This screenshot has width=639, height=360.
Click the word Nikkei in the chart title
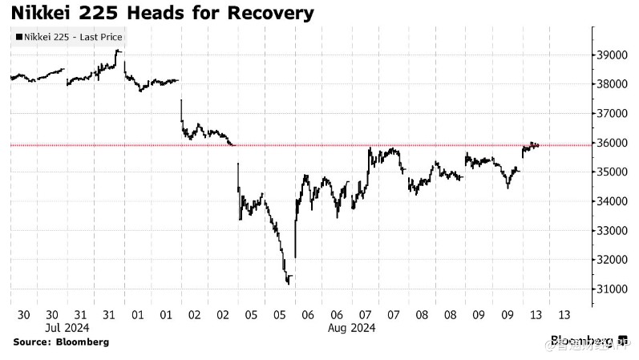pyautogui.click(x=44, y=13)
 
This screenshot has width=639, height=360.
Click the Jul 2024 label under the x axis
pyautogui.click(x=66, y=328)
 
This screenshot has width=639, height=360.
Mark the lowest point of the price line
pyautogui.click(x=288, y=283)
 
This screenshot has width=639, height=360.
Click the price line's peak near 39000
pyautogui.click(x=118, y=51)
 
